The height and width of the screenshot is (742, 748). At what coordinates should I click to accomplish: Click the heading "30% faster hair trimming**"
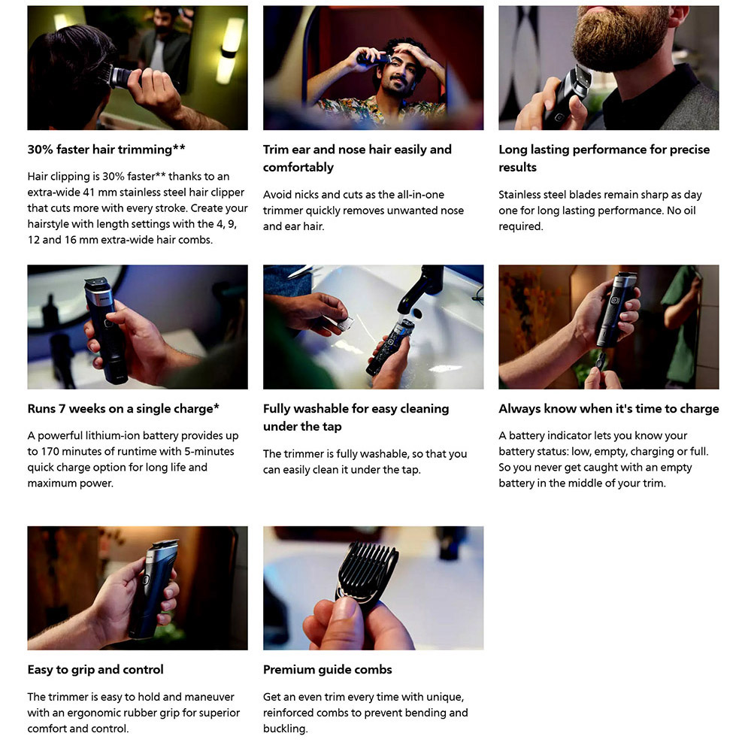pyautogui.click(x=107, y=150)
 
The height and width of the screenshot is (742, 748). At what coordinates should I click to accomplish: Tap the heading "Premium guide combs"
pyautogui.click(x=327, y=670)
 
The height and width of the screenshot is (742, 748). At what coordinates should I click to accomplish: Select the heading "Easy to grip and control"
pyautogui.click(x=95, y=670)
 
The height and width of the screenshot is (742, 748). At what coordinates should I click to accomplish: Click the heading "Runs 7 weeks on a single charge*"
pyautogui.click(x=123, y=408)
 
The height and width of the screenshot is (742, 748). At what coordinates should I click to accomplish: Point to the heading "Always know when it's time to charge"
pyautogui.click(x=609, y=408)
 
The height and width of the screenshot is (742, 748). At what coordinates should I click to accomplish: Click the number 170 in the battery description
pyautogui.click(x=50, y=451)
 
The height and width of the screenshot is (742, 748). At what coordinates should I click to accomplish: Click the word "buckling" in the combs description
pyautogui.click(x=284, y=728)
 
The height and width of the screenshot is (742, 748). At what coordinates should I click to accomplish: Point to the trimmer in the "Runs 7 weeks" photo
pyautogui.click(x=107, y=329)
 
